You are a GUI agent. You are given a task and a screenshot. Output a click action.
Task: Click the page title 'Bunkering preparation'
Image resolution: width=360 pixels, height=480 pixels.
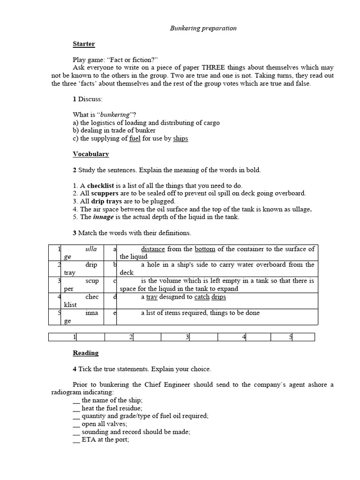(x=202, y=28)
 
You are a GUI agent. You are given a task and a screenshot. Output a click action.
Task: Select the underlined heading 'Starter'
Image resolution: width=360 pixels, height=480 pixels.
(x=83, y=44)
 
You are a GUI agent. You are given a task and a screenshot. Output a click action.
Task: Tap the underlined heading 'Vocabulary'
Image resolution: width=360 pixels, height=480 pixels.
(x=90, y=154)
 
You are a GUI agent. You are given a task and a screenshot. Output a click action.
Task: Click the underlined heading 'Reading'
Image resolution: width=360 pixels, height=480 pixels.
(x=85, y=353)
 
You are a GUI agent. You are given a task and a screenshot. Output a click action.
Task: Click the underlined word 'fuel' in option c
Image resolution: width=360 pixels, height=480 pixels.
(x=135, y=139)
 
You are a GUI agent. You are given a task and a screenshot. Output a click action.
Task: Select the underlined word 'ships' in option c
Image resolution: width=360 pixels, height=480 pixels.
(x=180, y=139)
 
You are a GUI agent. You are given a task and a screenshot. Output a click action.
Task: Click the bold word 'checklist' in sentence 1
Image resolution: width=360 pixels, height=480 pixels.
(x=100, y=186)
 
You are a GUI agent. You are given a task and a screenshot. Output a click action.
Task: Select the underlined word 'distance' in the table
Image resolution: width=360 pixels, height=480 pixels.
(x=153, y=249)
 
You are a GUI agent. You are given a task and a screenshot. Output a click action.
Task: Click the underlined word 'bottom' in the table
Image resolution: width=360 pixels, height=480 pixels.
(x=205, y=249)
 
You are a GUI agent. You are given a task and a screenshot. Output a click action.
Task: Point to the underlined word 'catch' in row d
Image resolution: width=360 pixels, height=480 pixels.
(x=202, y=297)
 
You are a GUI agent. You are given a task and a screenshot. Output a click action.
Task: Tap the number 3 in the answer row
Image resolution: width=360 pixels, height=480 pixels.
(x=187, y=337)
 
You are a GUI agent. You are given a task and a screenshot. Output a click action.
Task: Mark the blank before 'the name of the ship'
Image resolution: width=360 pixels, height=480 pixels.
(x=76, y=400)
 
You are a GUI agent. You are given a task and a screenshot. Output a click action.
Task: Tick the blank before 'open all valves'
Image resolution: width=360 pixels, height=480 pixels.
(x=76, y=424)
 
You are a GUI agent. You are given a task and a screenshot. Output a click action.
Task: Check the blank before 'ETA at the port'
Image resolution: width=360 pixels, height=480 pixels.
(x=76, y=440)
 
